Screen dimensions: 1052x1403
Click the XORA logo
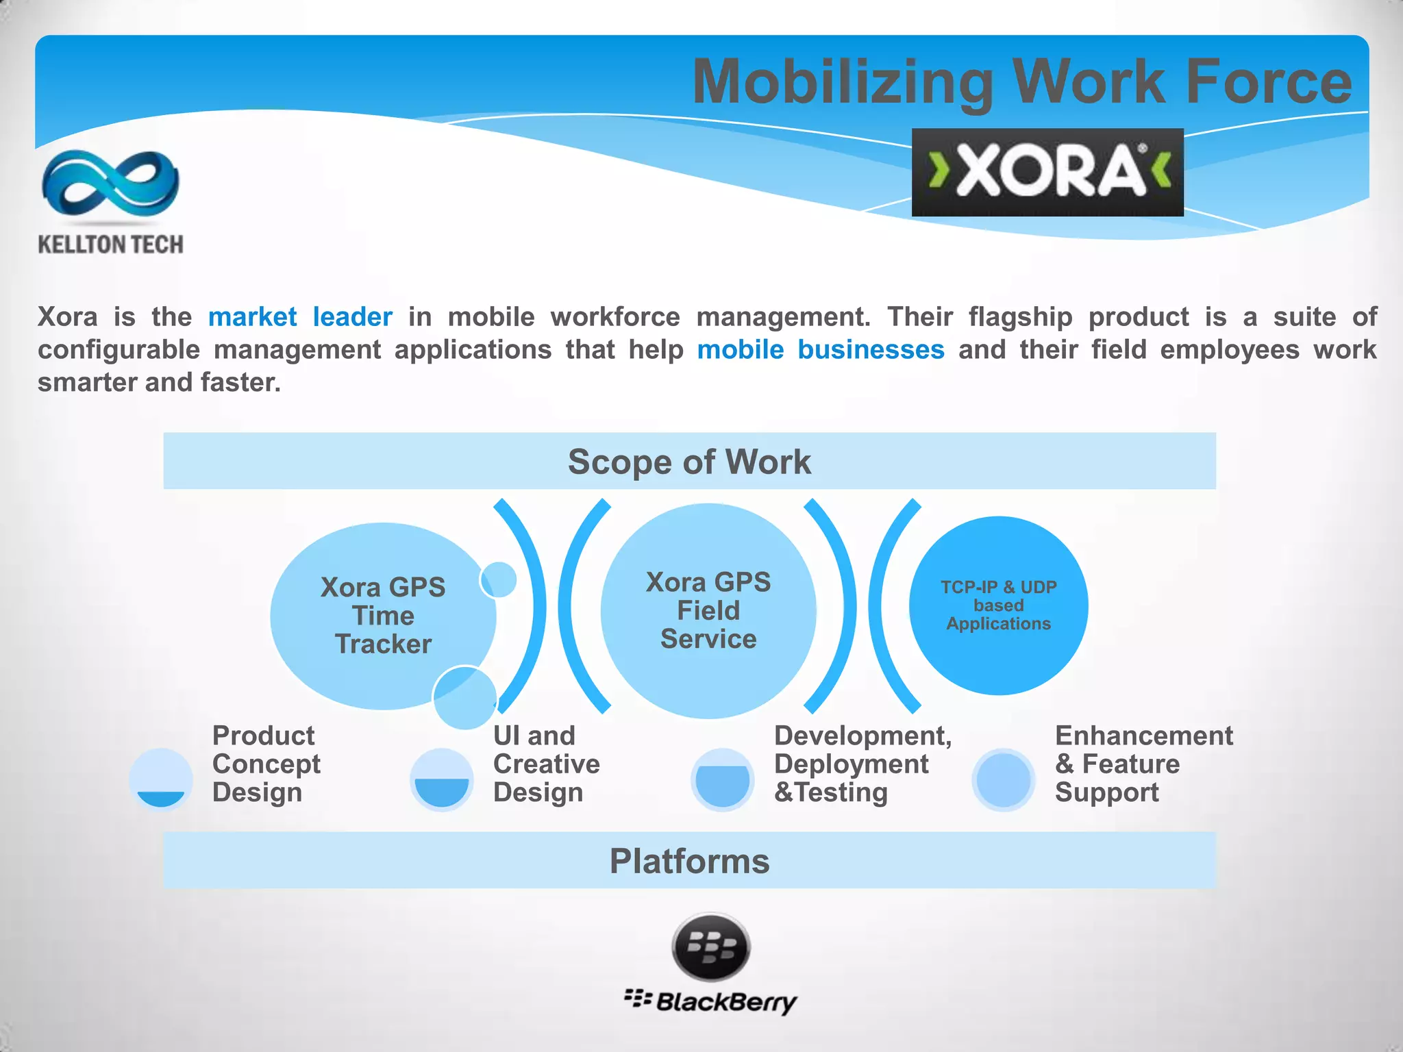(x=1047, y=172)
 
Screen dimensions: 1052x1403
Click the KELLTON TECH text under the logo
(x=110, y=245)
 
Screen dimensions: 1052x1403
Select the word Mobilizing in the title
(x=843, y=83)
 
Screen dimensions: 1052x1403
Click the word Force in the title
(x=1269, y=82)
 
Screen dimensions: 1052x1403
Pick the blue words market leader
(x=300, y=317)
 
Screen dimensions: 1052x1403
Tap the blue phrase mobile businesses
(x=821, y=350)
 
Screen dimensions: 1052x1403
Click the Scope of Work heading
(x=689, y=462)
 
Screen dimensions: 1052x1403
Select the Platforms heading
(x=689, y=861)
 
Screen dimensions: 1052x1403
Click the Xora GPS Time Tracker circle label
(x=383, y=616)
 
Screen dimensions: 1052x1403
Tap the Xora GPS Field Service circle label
(x=708, y=610)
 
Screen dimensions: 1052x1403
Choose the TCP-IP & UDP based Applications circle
(x=998, y=605)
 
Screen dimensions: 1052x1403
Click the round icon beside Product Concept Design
(x=161, y=779)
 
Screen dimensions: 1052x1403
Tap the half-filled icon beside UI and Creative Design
(x=442, y=779)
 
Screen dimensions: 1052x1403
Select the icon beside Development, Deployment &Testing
(x=723, y=779)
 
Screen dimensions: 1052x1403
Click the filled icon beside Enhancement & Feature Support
(x=1004, y=779)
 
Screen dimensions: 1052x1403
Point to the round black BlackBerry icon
(x=711, y=947)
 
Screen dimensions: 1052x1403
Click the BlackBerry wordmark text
(x=726, y=1002)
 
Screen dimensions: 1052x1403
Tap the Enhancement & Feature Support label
(x=1143, y=764)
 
